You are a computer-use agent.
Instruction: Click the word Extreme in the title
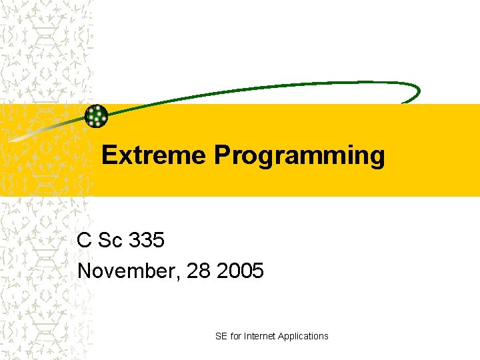(155, 155)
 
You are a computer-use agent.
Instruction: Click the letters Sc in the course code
(109, 240)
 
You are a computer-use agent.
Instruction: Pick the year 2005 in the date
(241, 271)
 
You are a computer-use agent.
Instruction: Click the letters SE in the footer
(221, 336)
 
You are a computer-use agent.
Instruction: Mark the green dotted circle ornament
(97, 116)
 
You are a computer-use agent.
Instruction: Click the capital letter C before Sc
(84, 240)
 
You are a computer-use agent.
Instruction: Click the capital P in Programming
(222, 155)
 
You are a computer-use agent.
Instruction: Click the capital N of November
(85, 271)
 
